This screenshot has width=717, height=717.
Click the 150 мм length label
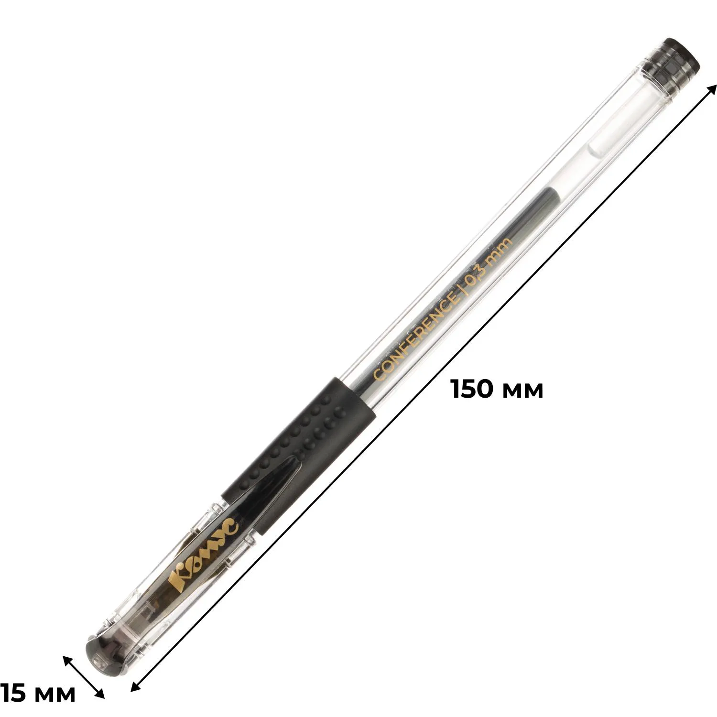[x=498, y=389]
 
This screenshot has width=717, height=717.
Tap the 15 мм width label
[x=37, y=693]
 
